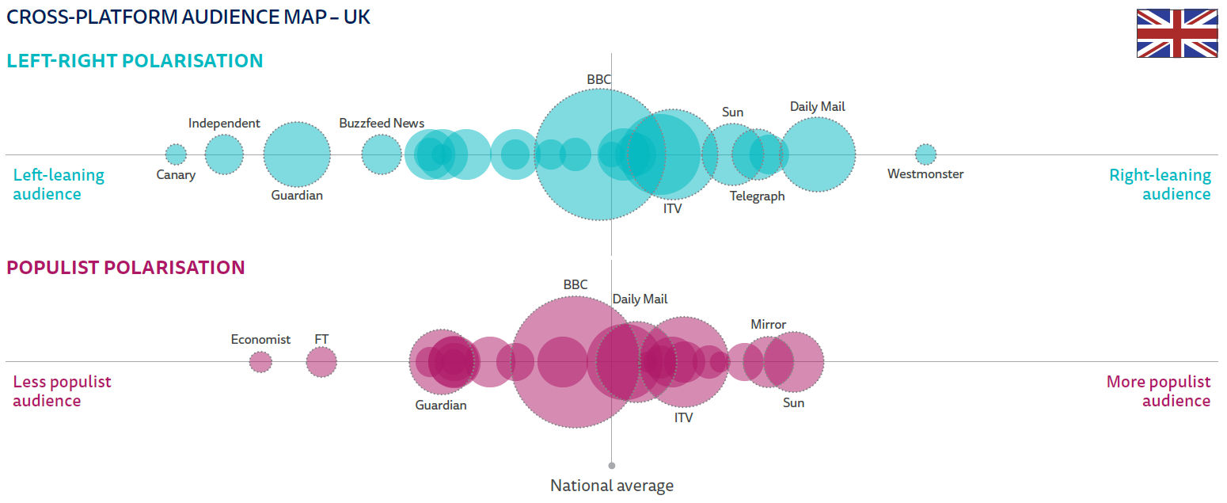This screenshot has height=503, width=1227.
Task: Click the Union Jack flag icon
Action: coord(1177,33)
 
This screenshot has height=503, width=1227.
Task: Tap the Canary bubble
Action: coord(176,154)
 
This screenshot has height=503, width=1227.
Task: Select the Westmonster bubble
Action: coord(925,154)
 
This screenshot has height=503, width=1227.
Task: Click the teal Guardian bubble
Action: coord(297,154)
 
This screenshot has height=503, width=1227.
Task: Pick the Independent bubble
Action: coord(224,154)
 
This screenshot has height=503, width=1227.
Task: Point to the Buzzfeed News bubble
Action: coord(382,154)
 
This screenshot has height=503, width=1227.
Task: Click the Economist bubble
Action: coord(260,362)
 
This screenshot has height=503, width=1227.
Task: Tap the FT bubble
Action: coord(321,362)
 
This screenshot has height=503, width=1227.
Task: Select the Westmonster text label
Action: coord(925,174)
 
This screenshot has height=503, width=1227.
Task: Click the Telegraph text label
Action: coord(757,196)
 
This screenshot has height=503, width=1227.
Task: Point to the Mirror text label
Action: coord(768,325)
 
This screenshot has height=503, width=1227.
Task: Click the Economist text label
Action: coord(260,340)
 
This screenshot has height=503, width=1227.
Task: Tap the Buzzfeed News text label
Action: coord(382,124)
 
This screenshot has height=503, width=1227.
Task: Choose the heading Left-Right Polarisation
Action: coord(135,61)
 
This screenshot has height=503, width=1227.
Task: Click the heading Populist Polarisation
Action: coord(126,268)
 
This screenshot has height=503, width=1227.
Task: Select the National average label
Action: coord(612,486)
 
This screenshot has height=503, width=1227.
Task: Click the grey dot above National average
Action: coord(612,466)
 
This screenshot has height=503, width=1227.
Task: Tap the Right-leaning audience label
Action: coord(1160,185)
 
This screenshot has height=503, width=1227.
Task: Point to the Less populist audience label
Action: coord(62,391)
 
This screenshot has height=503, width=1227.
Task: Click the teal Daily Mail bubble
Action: coord(818,154)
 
